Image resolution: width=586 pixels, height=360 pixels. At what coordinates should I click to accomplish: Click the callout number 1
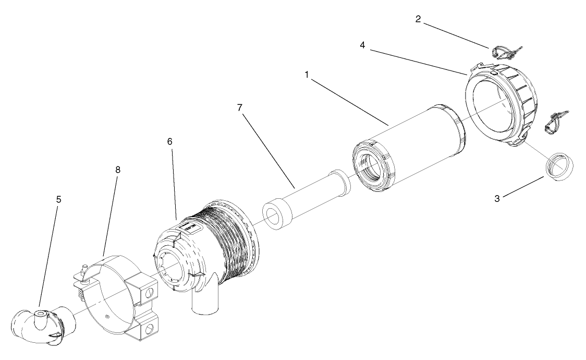pyautogui.click(x=307, y=75)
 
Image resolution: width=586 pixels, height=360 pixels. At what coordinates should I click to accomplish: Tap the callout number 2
pyautogui.click(x=418, y=19)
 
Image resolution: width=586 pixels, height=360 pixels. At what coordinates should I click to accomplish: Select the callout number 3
pyautogui.click(x=497, y=198)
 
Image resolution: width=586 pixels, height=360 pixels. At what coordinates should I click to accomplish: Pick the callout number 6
pyautogui.click(x=170, y=141)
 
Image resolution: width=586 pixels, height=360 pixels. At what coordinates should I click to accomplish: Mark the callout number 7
pyautogui.click(x=239, y=108)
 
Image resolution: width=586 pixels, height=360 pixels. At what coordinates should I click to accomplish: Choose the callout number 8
pyautogui.click(x=117, y=170)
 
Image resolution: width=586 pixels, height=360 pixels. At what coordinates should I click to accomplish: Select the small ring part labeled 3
pyautogui.click(x=559, y=166)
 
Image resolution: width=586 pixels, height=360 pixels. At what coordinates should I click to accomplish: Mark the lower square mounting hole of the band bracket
pyautogui.click(x=151, y=329)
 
